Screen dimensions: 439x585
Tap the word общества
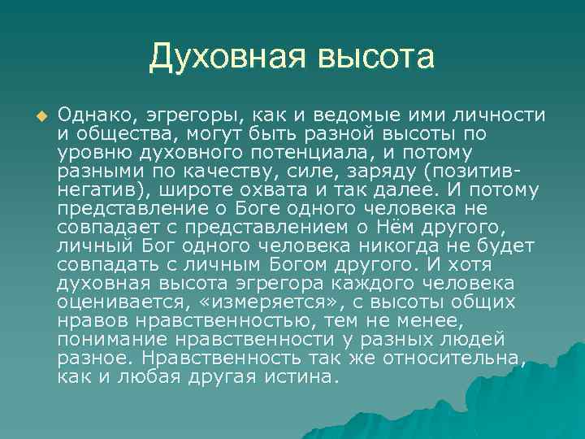tap(119, 133)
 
